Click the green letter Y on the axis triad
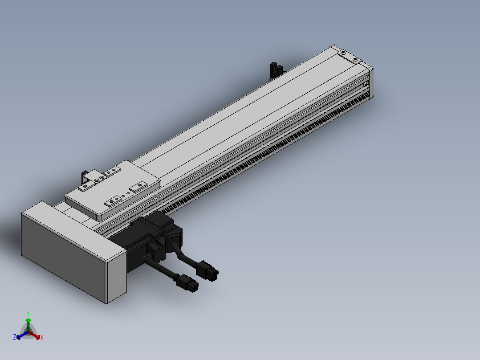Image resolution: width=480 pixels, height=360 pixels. (x=28, y=313)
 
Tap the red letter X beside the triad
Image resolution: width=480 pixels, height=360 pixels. (x=42, y=337)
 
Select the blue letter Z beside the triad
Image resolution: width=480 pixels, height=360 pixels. (x=15, y=337)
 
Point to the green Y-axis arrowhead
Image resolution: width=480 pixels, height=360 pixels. (x=28, y=320)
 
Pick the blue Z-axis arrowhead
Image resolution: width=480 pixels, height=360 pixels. (x=19, y=337)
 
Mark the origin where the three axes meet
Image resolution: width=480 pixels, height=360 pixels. (x=28, y=332)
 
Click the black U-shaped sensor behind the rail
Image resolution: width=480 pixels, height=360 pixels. (x=276, y=70)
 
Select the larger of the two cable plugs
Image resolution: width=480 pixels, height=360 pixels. (x=207, y=270)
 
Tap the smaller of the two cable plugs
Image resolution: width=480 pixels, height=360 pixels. (x=187, y=283)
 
